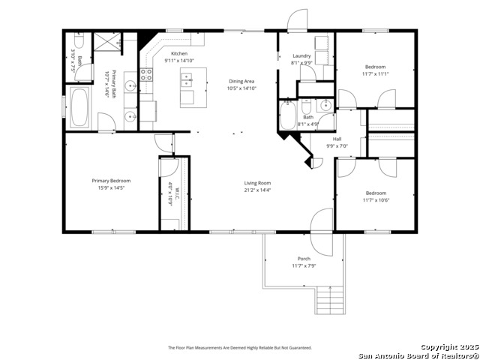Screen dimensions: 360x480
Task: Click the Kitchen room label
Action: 178,53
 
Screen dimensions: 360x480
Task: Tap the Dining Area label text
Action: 242,81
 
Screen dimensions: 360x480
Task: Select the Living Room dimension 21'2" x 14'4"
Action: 257,190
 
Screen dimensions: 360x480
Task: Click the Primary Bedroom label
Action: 111,181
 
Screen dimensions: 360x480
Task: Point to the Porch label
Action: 304,259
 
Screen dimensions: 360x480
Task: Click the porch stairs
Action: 329,301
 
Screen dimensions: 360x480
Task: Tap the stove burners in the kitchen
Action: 147,74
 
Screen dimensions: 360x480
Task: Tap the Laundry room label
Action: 301,56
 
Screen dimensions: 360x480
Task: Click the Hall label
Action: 337,139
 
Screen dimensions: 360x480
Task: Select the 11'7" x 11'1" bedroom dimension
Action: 375,73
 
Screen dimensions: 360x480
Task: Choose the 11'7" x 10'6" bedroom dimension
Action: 375,199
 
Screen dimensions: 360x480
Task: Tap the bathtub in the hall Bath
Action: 288,117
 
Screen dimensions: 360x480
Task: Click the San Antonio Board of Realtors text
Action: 417,355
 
